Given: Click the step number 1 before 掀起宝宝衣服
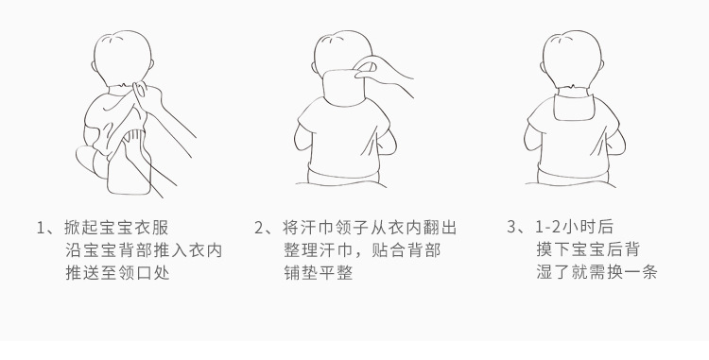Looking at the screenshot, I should pyautogui.click(x=41, y=228).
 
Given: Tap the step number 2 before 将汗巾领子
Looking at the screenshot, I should pyautogui.click(x=260, y=228).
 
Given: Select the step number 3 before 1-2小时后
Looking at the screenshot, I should pyautogui.click(x=513, y=228).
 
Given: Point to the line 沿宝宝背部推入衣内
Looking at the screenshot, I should pyautogui.click(x=144, y=250).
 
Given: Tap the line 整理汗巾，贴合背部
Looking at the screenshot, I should pyautogui.click(x=361, y=250).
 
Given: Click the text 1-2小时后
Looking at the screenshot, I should pyautogui.click(x=574, y=228).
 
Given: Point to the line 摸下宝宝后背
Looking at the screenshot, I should pyautogui.click(x=587, y=250).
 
